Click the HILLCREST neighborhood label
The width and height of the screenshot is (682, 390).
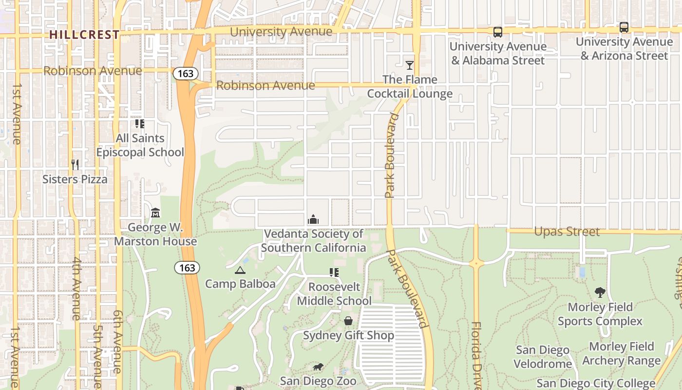(x=84, y=35)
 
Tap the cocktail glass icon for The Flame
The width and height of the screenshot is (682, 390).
(x=410, y=65)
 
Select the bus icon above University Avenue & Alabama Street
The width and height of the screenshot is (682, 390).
(x=497, y=32)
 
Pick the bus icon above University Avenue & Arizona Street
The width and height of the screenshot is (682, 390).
(x=624, y=27)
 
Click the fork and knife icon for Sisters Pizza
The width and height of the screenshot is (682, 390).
(x=75, y=165)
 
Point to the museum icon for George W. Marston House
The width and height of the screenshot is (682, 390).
(x=155, y=213)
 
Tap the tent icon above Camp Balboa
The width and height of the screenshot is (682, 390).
(x=240, y=270)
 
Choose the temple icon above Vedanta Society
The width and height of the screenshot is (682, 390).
(x=313, y=220)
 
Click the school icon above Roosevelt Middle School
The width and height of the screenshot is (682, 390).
(x=334, y=273)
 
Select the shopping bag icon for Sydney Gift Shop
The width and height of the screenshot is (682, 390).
(x=348, y=321)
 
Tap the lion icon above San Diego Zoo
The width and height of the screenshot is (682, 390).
(x=318, y=367)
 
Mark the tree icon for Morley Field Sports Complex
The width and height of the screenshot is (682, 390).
(x=600, y=292)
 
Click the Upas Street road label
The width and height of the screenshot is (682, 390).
(x=567, y=232)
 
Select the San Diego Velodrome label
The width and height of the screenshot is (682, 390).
(x=543, y=357)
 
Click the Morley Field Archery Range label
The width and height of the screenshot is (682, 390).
(x=621, y=353)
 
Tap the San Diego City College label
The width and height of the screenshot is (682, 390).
(x=596, y=383)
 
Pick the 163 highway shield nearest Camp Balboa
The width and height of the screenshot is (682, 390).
(x=187, y=268)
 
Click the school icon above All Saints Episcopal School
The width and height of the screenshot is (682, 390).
(x=140, y=124)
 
